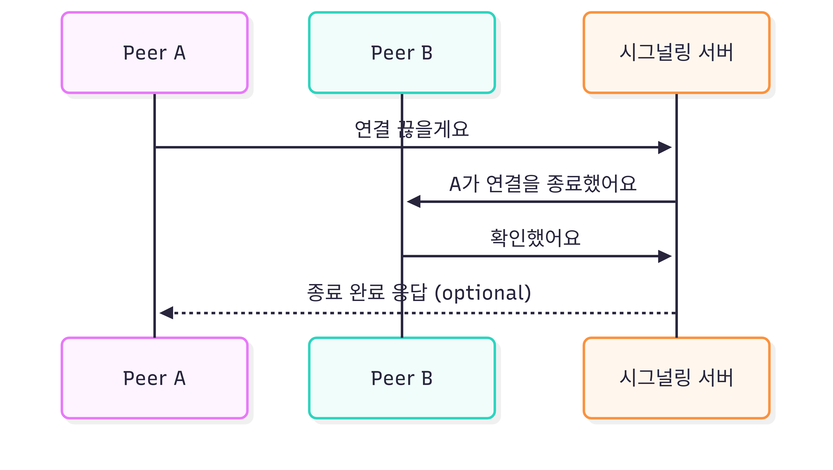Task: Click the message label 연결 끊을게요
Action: click(412, 129)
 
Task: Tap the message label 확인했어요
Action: click(536, 238)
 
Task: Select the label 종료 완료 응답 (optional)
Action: click(419, 293)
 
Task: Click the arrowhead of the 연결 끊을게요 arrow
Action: click(666, 148)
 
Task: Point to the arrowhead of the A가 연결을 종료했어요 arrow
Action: click(413, 202)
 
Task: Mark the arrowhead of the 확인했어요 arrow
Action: click(666, 256)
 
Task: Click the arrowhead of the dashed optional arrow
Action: click(166, 313)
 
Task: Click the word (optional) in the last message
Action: click(483, 293)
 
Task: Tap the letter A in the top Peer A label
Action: click(180, 53)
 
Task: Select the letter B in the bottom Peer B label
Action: click(427, 378)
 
